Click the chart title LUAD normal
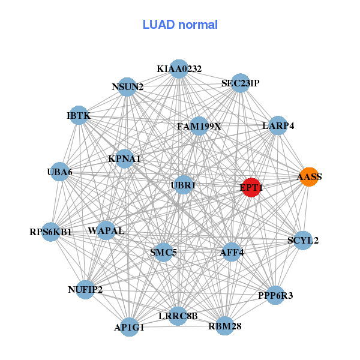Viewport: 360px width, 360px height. pos(180,25)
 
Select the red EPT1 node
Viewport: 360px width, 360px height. pos(251,188)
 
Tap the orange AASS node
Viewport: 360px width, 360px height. pos(309,177)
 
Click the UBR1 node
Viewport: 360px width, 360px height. pos(184,185)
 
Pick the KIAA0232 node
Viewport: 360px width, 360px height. pos(179,69)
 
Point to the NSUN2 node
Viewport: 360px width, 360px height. pos(127,87)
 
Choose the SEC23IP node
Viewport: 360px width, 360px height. pos(240,83)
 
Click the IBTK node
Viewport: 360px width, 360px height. pos(79,115)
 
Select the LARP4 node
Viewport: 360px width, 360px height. pos(278,126)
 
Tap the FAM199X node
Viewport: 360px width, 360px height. pos(199,127)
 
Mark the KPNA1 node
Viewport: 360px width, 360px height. pos(124,159)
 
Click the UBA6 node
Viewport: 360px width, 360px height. pos(59,172)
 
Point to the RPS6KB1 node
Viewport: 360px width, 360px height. pos(51,232)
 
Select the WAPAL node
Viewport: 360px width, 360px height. pos(106,230)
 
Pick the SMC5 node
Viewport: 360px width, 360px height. pos(163,252)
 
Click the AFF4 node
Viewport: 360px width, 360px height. pos(232,252)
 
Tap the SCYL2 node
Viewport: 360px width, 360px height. pos(303,241)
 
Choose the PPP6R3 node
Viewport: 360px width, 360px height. pos(275,295)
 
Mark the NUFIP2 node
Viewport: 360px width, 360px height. pos(85,290)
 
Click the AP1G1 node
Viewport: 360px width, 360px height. pos(130,328)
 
